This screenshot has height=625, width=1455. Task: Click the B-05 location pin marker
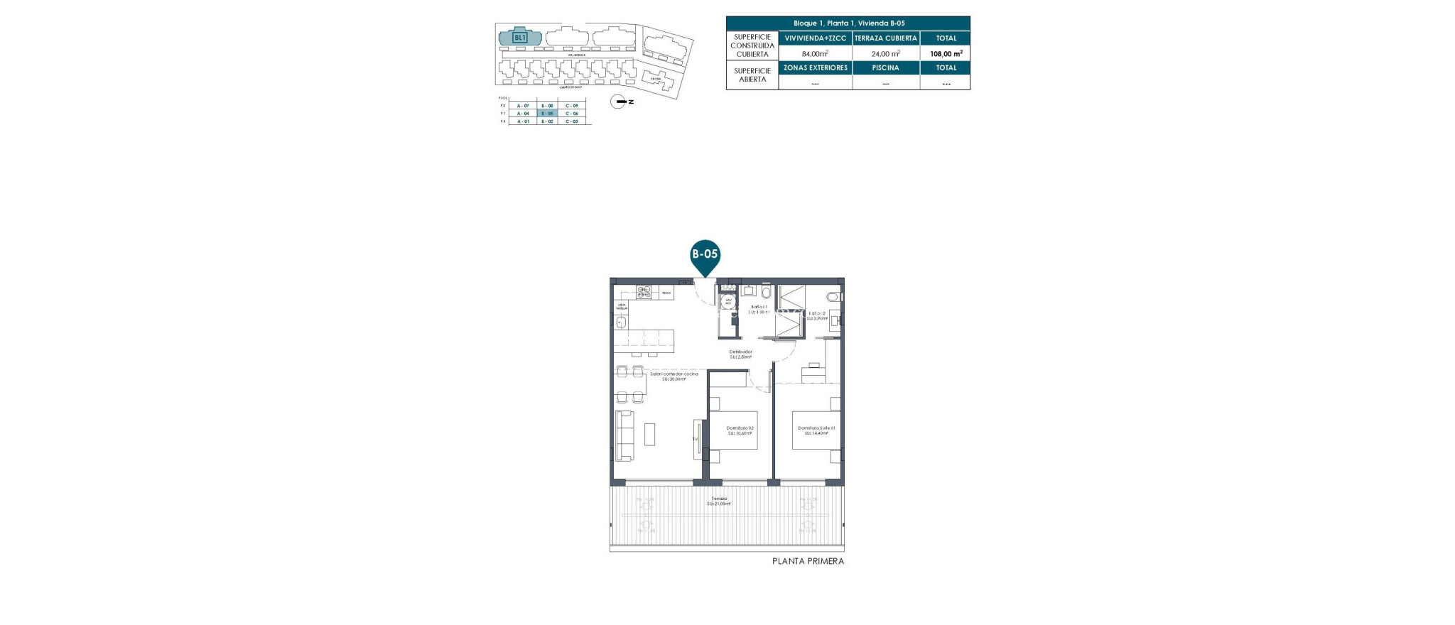[705, 254]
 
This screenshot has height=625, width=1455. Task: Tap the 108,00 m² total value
[946, 53]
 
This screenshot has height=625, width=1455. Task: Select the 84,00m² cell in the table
[815, 53]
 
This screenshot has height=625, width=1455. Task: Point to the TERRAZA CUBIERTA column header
[885, 38]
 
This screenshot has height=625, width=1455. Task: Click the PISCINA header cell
[885, 68]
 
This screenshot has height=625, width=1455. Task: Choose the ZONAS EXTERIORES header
[815, 68]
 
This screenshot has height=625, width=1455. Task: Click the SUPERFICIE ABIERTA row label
[752, 75]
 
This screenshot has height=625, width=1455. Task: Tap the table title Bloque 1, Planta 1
[848, 23]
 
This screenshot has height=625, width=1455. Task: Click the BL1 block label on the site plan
[520, 37]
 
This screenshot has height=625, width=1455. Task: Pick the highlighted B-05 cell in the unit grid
[547, 114]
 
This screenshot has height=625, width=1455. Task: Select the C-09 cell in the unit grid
[572, 106]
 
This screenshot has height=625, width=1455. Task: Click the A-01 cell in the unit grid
[523, 121]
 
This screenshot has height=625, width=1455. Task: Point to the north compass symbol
[620, 102]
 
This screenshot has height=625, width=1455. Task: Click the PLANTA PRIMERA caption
[808, 561]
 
